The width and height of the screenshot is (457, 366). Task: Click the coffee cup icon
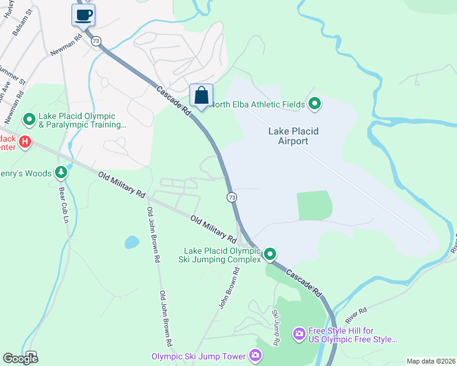[x=83, y=15]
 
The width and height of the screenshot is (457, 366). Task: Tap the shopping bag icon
[x=201, y=95]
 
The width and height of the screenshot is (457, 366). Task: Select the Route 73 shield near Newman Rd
[x=96, y=40]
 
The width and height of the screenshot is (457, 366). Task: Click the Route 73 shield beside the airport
[x=232, y=197]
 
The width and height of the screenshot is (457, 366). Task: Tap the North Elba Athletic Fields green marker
[x=315, y=104]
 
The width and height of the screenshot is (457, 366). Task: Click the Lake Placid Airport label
[x=293, y=136]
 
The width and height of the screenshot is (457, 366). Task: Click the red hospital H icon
[x=24, y=142]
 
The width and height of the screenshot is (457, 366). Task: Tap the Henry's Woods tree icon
[x=60, y=173]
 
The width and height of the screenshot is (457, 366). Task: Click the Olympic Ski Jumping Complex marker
[x=269, y=254]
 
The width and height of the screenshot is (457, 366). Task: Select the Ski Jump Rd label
[x=276, y=328]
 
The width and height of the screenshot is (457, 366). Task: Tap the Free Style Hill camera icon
[x=299, y=333]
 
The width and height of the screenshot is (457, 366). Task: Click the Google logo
[x=20, y=358]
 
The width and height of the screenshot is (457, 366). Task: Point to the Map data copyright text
[x=431, y=361]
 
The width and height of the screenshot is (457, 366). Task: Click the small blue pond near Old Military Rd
[x=132, y=242]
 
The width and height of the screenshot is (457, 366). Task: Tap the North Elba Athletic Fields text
[x=257, y=104]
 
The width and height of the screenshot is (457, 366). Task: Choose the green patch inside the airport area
[x=315, y=205]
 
